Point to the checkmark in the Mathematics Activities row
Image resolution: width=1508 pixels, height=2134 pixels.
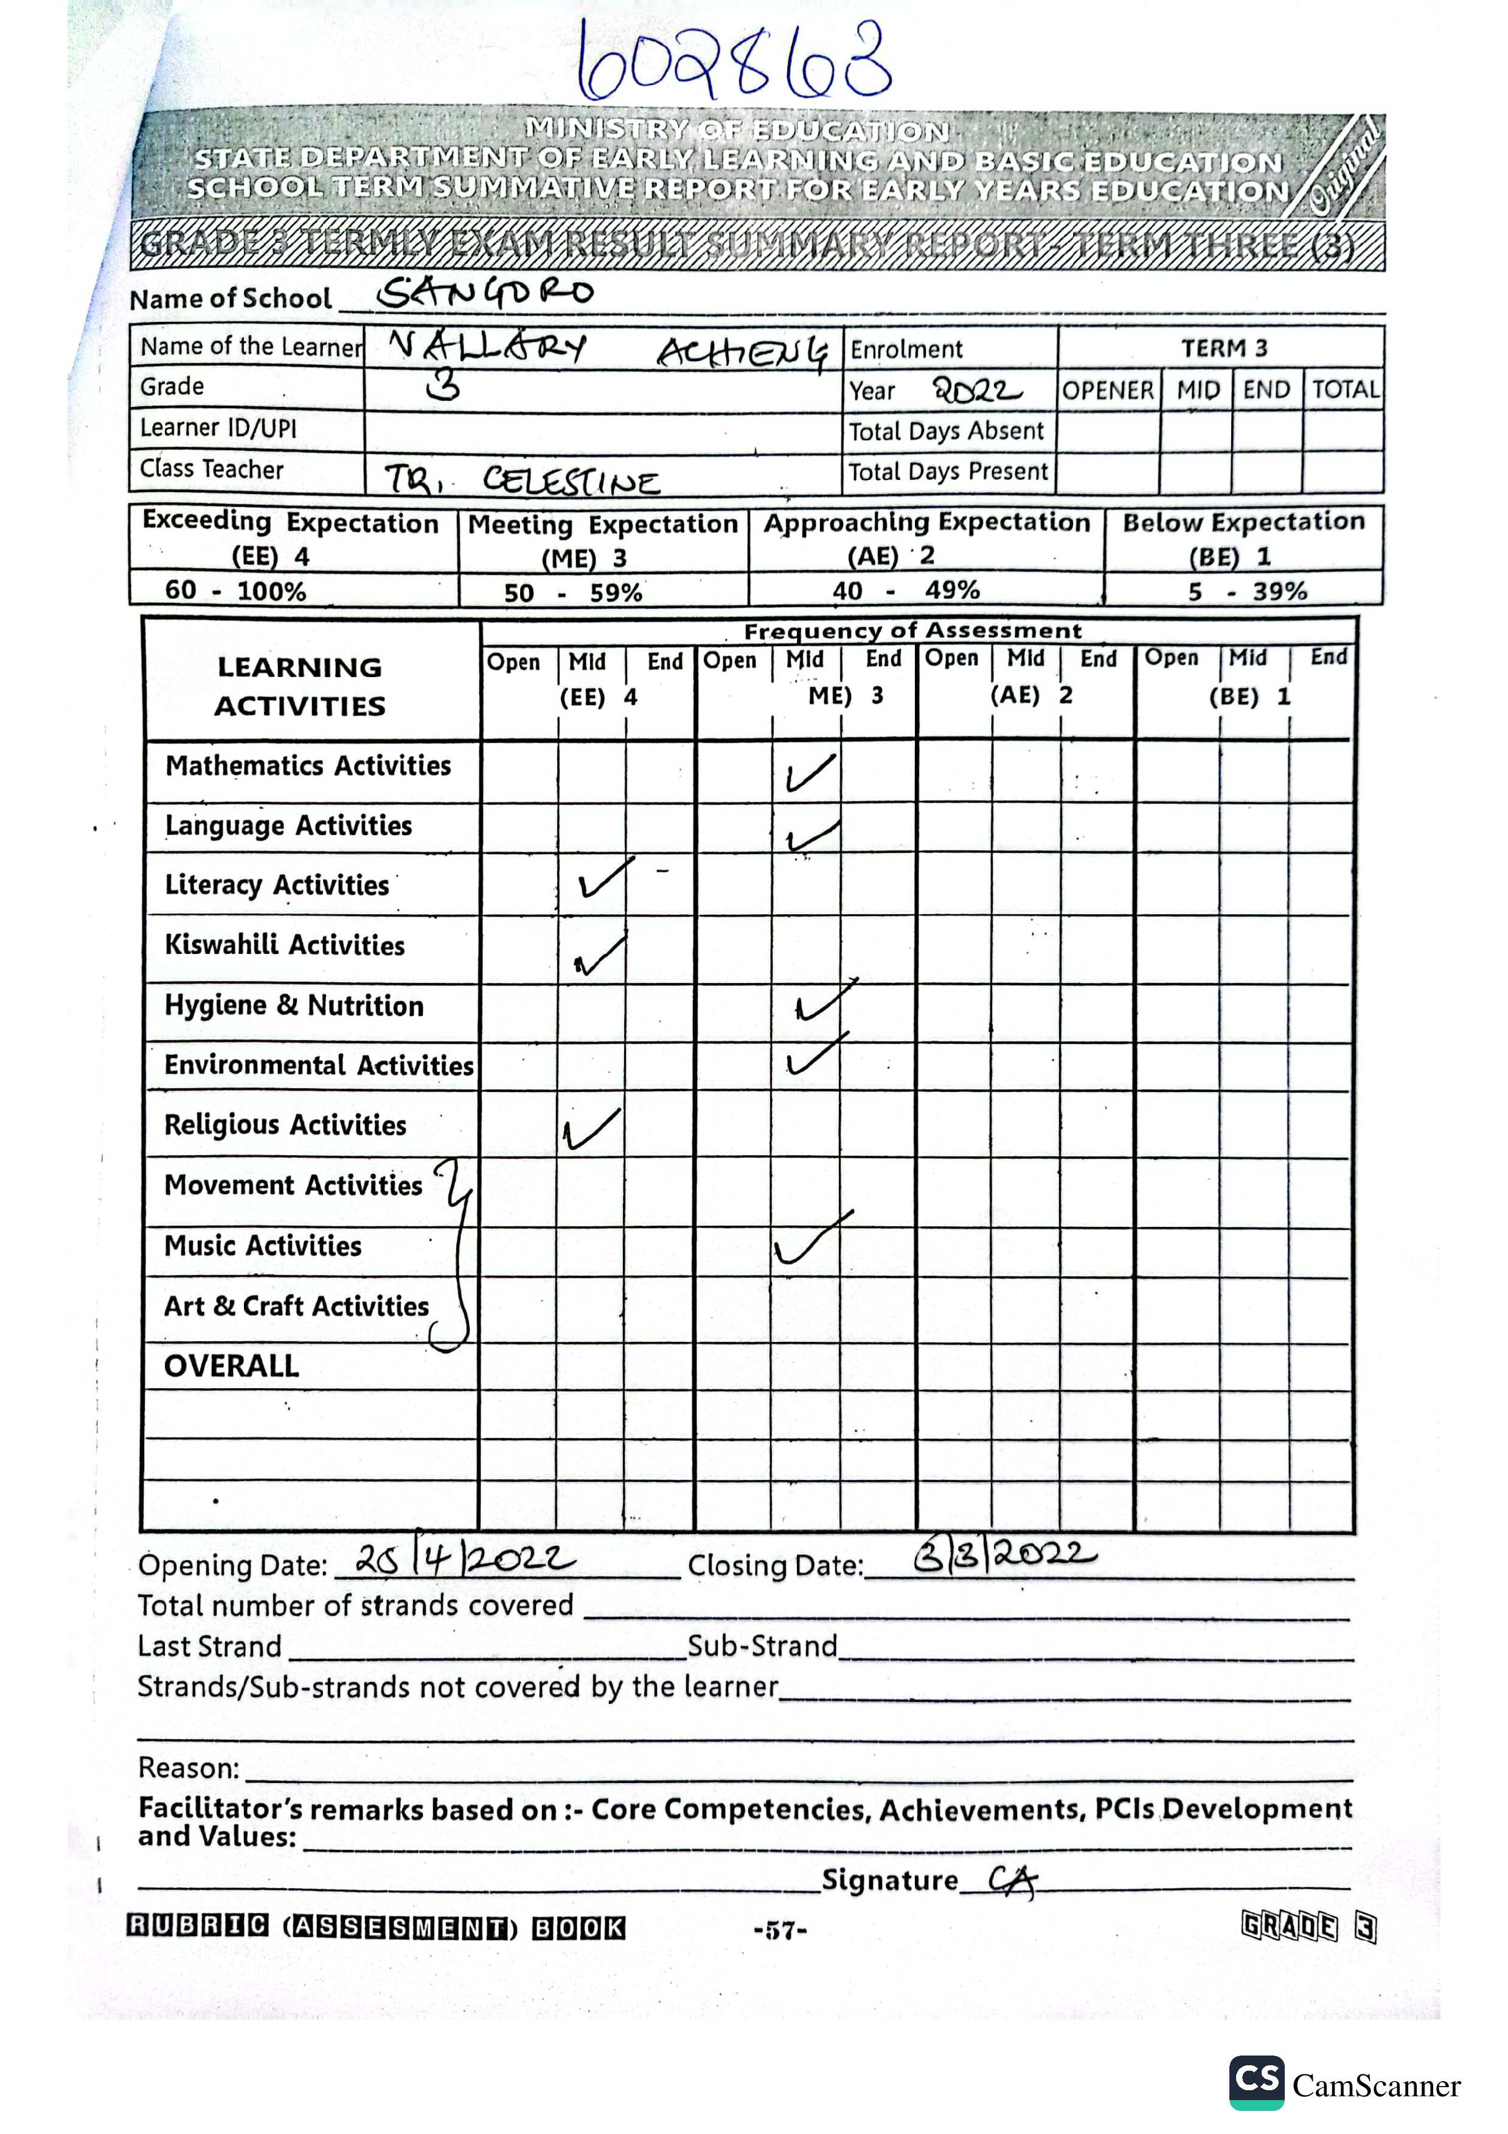(x=810, y=773)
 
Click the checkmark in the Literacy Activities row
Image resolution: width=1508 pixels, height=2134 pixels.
(x=605, y=877)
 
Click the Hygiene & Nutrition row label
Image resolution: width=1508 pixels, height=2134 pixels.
(x=294, y=1006)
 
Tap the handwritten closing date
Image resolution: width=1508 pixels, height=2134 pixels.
(x=1004, y=1554)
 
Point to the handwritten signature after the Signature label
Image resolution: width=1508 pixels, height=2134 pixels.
(x=1011, y=1880)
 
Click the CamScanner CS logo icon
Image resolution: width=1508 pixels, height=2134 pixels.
(x=1256, y=2082)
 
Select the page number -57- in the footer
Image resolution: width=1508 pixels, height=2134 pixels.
(x=780, y=1930)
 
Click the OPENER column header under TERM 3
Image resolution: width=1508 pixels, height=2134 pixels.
(x=1108, y=391)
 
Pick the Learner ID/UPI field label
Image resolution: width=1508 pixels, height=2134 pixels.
(x=218, y=428)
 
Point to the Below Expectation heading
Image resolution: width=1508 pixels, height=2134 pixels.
(x=1243, y=523)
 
